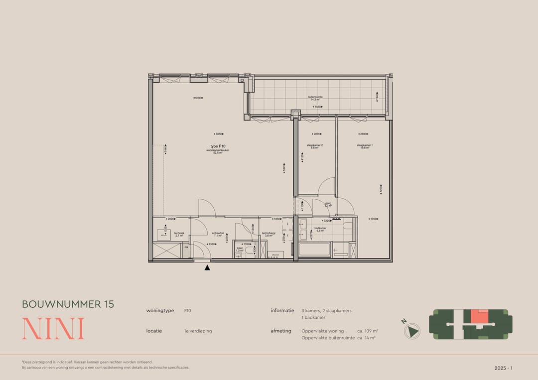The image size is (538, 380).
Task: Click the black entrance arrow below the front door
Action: [207, 268]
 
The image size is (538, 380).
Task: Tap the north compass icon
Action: [412, 331]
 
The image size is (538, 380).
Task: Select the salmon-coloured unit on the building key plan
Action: [479, 317]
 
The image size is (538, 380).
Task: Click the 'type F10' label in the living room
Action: [218, 146]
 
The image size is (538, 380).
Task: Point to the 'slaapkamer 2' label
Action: [315, 145]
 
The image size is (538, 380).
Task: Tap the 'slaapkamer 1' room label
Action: [365, 145]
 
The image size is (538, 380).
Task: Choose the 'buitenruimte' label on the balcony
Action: [315, 97]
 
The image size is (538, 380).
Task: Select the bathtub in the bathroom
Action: [315, 249]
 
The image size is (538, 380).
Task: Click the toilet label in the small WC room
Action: [239, 248]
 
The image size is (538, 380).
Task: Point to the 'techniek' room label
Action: [179, 233]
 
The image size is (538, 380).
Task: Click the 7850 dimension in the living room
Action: [218, 134]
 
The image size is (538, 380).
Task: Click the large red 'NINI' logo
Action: [53, 329]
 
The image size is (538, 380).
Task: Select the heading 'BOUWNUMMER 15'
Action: [68, 304]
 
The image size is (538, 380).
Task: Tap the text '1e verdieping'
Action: [198, 331]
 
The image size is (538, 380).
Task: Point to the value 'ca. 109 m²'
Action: [368, 331]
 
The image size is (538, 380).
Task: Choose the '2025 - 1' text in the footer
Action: [503, 368]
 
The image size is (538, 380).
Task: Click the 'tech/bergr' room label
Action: [269, 234]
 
